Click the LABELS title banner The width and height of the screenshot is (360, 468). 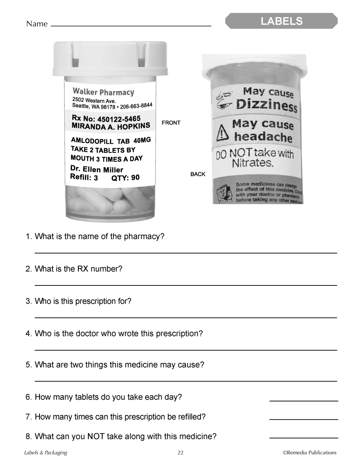(282, 21)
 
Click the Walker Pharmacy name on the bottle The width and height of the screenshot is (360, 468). (103, 92)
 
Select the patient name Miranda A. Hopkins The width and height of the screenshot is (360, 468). (111, 126)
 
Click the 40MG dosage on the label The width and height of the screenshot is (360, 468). (142, 140)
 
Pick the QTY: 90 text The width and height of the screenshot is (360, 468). (125, 178)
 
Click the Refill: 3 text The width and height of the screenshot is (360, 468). (84, 177)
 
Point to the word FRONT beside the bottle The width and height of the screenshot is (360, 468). (171, 123)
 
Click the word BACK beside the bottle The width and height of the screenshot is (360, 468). (198, 174)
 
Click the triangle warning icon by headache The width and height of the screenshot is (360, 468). (222, 132)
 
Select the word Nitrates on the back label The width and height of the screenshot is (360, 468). (252, 163)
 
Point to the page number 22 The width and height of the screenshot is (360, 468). (180, 453)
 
